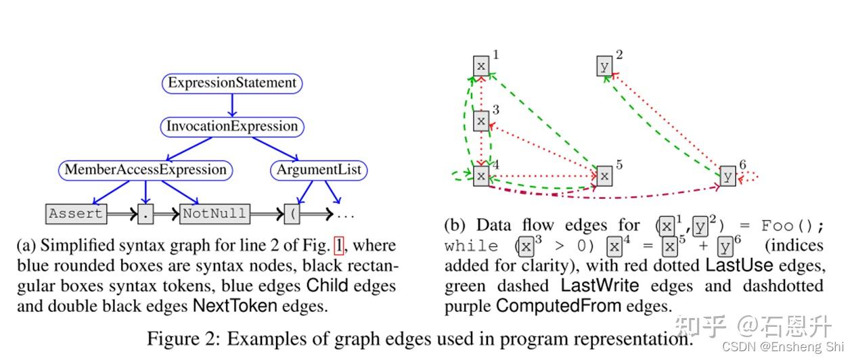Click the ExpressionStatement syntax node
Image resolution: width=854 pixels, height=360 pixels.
tap(232, 83)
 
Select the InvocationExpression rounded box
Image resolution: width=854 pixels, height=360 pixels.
tap(232, 127)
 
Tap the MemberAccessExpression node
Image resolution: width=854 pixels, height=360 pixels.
tap(145, 170)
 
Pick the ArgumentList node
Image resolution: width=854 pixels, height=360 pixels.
tap(319, 170)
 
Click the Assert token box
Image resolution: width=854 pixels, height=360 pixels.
tap(76, 214)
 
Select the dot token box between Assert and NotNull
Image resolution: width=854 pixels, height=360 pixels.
tap(145, 214)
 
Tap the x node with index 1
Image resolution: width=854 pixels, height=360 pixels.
tap(480, 66)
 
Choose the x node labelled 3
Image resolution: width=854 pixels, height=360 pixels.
tap(480, 120)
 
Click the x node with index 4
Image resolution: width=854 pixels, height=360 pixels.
tap(480, 176)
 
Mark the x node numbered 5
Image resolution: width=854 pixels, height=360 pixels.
tap(604, 176)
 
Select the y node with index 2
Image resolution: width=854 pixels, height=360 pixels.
tap(605, 66)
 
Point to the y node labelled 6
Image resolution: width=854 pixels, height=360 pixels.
tap(728, 175)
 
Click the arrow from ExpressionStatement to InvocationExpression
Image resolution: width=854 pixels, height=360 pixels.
tap(232, 105)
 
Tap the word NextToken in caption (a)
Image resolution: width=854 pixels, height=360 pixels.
tap(235, 306)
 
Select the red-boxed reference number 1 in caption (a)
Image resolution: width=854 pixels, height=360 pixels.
tap(339, 245)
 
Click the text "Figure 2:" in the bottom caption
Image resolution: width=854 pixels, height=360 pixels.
tap(183, 339)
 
